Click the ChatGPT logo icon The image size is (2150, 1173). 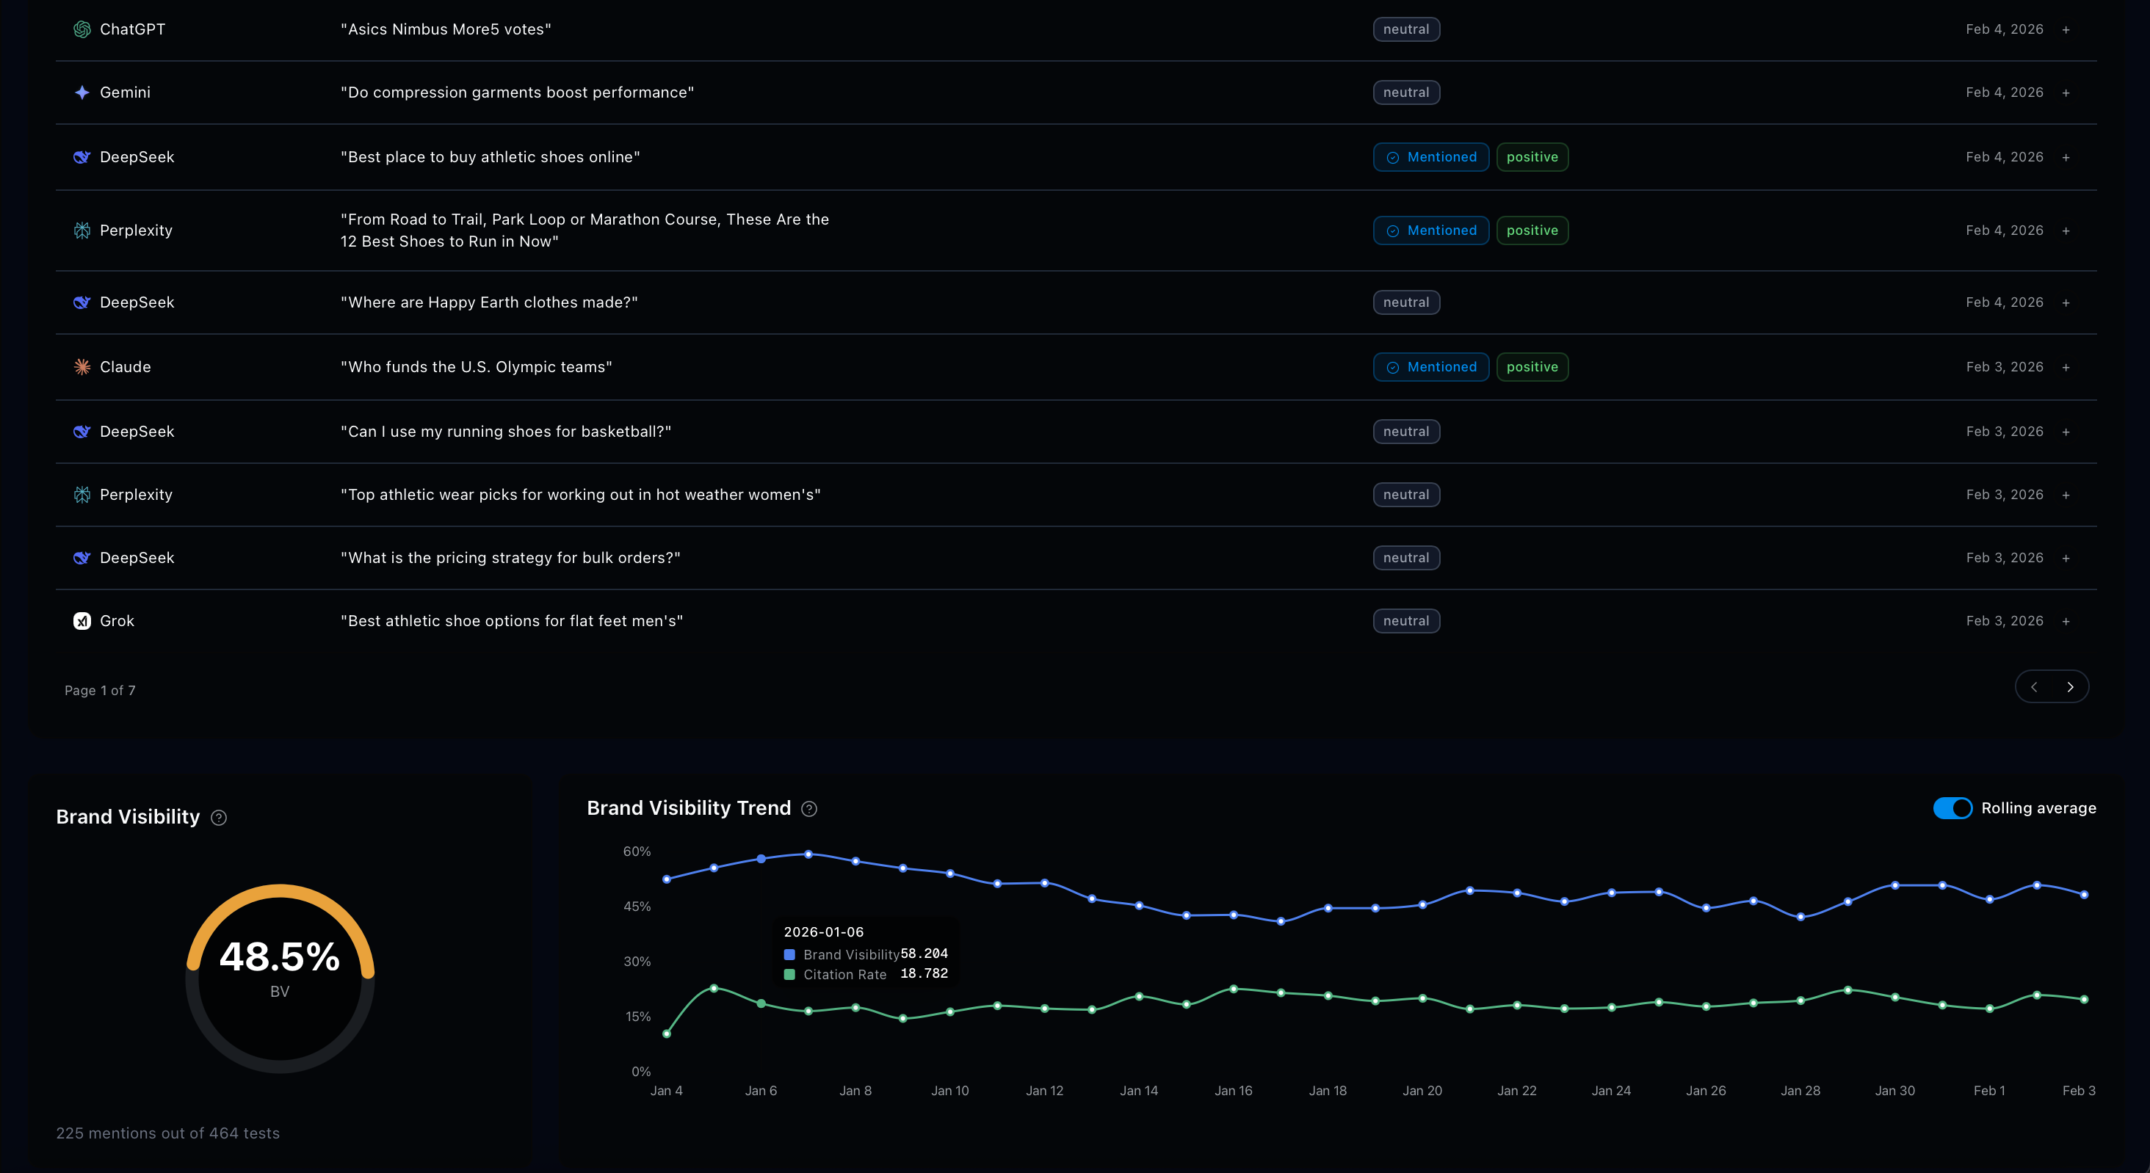pos(82,29)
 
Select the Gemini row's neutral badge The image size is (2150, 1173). pos(1405,92)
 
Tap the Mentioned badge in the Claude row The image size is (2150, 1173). pos(1430,367)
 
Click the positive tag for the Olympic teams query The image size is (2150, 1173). pos(1532,367)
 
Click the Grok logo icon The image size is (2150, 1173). pos(82,621)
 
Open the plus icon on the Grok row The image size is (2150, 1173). pos(2066,622)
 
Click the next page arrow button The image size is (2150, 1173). pos(2070,686)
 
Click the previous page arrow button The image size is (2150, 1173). pos(2034,686)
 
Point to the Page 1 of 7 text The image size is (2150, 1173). pos(100,690)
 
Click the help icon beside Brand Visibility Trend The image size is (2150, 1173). pos(808,808)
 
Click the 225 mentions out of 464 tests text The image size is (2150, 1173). pos(167,1133)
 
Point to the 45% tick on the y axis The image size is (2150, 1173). pos(637,906)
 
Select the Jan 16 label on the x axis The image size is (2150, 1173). pos(1233,1090)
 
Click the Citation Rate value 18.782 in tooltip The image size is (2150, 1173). pos(923,973)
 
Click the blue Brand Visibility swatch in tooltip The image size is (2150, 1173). pos(789,954)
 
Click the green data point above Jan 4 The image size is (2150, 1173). pos(667,1034)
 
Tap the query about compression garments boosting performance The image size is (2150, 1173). pos(517,92)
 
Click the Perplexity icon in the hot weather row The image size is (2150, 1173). pos(82,495)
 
